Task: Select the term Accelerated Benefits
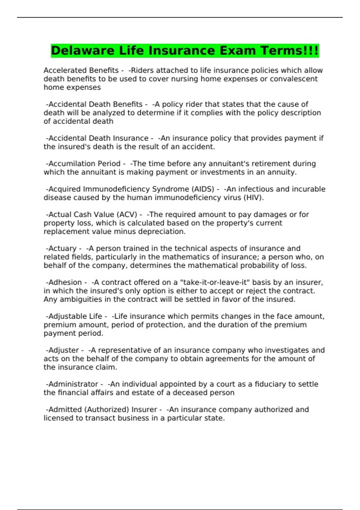click(x=81, y=70)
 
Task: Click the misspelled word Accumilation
click(x=72, y=164)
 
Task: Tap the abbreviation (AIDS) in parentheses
click(x=202, y=189)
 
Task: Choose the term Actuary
click(x=62, y=249)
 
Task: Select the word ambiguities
click(x=85, y=299)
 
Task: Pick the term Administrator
click(x=73, y=384)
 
